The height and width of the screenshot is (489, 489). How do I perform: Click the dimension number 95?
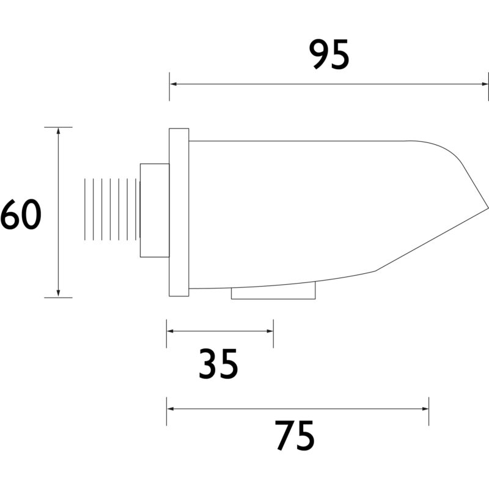329,54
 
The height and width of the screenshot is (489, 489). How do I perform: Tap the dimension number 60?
21,215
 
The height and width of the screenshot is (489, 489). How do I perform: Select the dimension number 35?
218,364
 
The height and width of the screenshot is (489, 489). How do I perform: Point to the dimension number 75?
295,435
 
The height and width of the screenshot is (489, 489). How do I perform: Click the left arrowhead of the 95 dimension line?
173,84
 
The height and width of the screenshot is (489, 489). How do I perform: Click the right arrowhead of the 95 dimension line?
485,84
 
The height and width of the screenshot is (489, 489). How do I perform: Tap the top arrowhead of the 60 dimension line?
58,131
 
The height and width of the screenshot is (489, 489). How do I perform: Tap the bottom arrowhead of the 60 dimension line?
58,293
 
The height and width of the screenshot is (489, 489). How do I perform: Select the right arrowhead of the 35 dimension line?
270,331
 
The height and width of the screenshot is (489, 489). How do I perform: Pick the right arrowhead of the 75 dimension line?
425,408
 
